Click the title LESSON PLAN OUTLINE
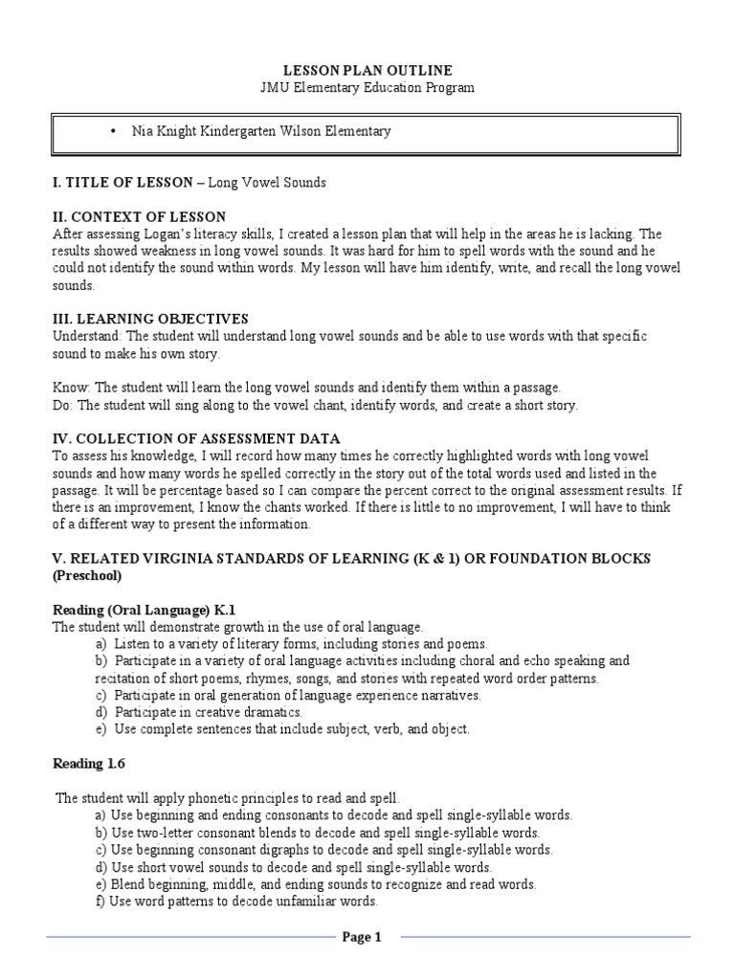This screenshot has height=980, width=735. pos(367,71)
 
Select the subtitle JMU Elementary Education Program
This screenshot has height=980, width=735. pos(367,87)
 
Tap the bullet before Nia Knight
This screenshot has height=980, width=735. pos(114,131)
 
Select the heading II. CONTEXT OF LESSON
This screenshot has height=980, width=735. pos(139,217)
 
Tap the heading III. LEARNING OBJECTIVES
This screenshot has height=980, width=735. pos(150,319)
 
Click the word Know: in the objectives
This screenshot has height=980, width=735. pos(71,388)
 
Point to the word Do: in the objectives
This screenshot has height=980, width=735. pos(63,405)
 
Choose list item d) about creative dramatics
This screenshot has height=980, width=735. pos(199,712)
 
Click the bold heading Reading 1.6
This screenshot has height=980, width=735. pos(88,764)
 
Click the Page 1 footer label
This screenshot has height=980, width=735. pos(363,938)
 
